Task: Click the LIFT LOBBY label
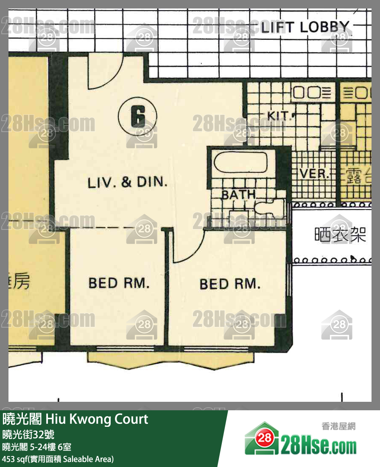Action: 305,27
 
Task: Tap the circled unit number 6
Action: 138,116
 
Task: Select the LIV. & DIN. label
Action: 127,182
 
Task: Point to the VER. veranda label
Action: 314,174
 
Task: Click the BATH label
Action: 238,195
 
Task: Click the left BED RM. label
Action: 119,282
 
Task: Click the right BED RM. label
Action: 230,284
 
